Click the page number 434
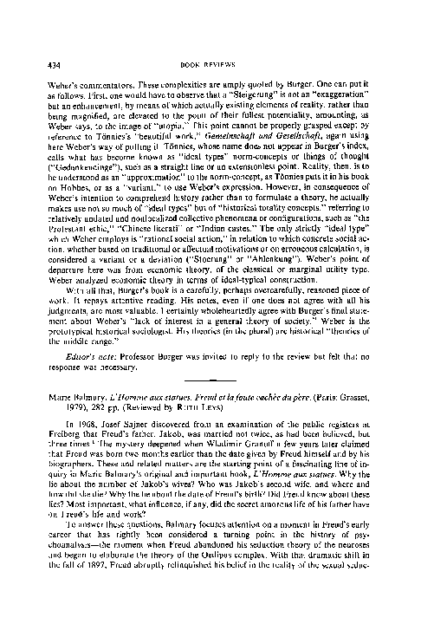pyautogui.click(x=36, y=17)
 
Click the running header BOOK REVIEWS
pyautogui.click(x=211, y=17)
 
